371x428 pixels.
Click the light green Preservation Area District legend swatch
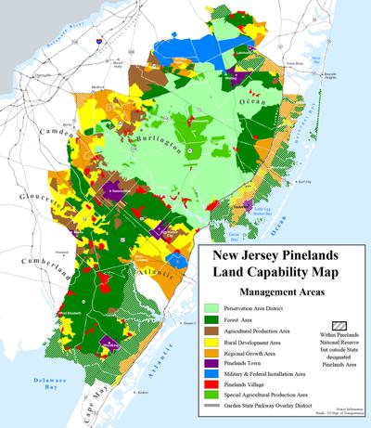tap(214, 306)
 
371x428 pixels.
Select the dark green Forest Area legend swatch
tap(214, 320)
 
